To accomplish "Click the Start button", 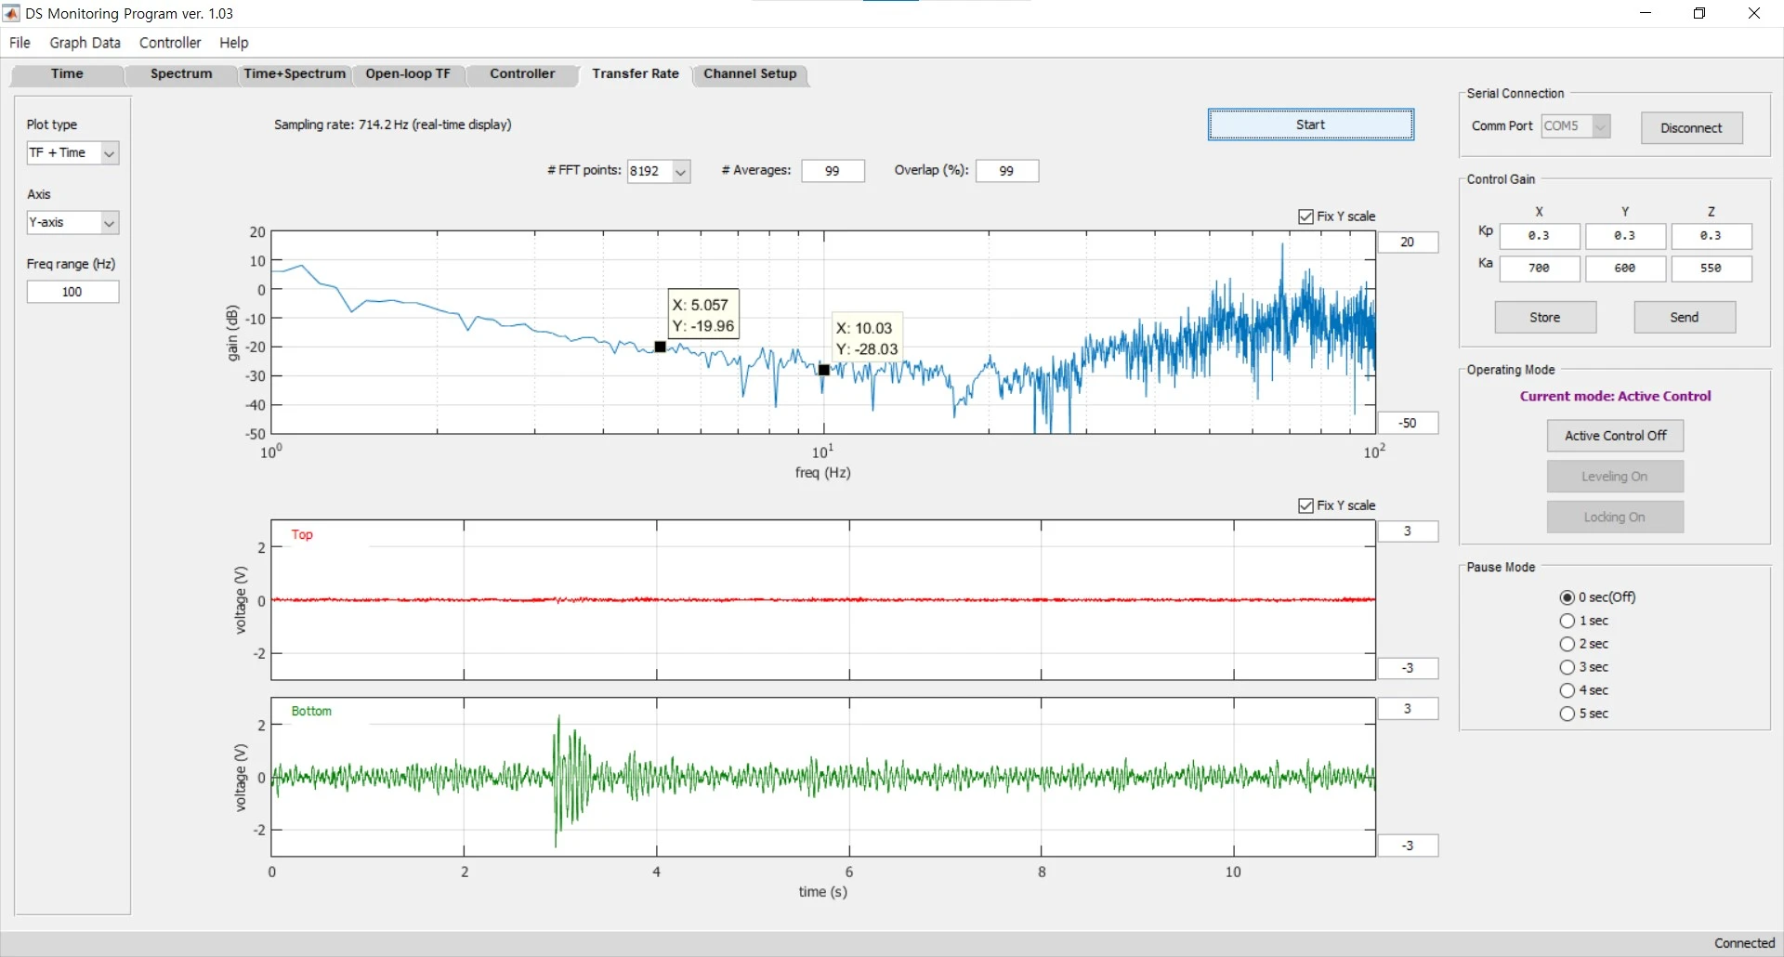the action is click(x=1310, y=125).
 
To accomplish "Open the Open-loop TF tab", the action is click(x=408, y=74).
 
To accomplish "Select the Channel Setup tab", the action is click(x=750, y=74).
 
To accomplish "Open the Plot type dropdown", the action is click(x=72, y=152).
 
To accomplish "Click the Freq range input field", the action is click(x=72, y=292).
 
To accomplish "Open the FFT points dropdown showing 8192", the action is click(x=659, y=171).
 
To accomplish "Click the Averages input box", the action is click(x=833, y=171).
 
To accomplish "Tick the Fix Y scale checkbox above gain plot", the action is click(x=1305, y=216).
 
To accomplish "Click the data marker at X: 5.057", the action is click(x=660, y=347).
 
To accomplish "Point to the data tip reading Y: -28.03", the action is click(x=867, y=339).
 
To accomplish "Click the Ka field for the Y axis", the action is click(x=1625, y=269).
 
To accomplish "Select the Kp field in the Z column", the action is click(x=1711, y=236).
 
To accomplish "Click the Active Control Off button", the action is click(x=1615, y=436).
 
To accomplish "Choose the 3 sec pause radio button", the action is click(x=1568, y=667).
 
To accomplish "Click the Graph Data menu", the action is click(x=85, y=43).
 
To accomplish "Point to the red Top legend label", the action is click(x=302, y=534).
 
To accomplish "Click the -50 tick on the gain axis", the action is click(x=256, y=434).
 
